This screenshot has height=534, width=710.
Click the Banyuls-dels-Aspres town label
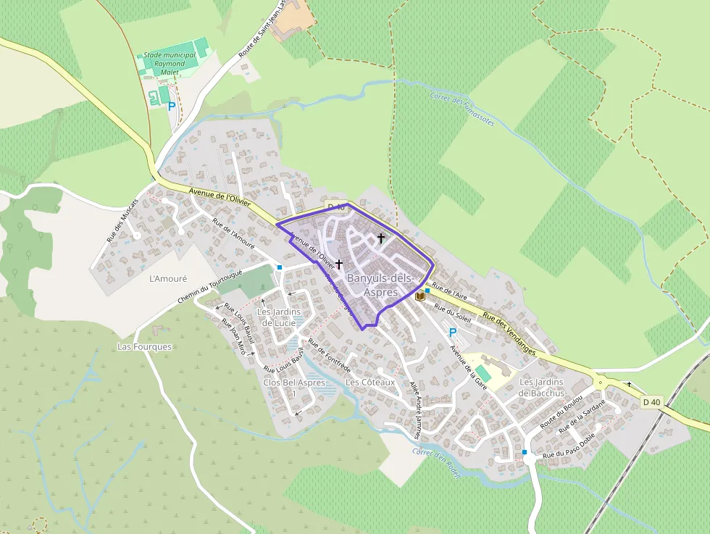(380, 285)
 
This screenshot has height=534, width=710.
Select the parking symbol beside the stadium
(172, 106)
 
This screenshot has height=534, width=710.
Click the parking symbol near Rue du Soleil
(453, 333)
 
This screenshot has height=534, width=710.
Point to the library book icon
(419, 296)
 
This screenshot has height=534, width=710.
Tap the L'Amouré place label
(168, 278)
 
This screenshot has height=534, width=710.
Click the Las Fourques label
(145, 346)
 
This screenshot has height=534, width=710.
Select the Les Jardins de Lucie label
(278, 317)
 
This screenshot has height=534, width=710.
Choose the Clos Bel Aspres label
(294, 382)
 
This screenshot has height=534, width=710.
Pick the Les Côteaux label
(370, 382)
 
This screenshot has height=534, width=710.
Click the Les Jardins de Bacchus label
(542, 388)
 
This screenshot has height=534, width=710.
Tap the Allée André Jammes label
(414, 409)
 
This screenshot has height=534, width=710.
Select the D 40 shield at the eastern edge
(651, 402)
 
